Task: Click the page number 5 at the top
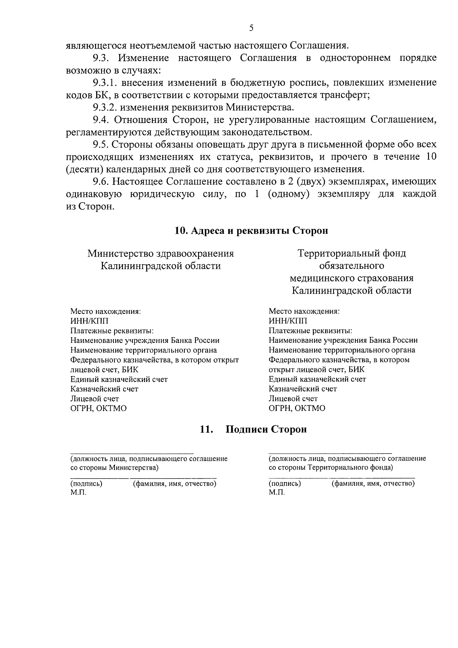click(251, 27)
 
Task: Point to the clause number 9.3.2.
click(105, 107)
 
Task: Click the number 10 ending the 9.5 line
click(430, 157)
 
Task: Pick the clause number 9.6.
click(101, 181)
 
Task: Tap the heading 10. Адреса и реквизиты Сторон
click(251, 231)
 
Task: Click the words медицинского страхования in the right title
click(352, 278)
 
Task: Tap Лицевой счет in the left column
click(95, 399)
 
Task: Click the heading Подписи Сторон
click(266, 430)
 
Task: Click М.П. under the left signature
click(78, 493)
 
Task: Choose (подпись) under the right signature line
click(285, 484)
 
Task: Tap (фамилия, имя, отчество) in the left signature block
click(174, 484)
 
